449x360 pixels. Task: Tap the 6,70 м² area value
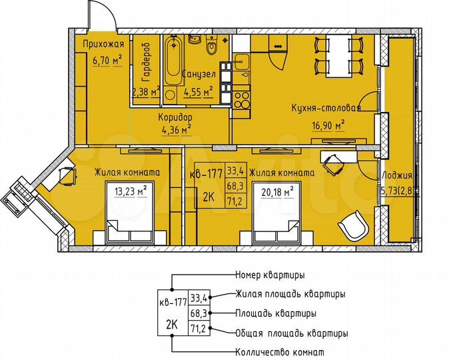pos(98,61)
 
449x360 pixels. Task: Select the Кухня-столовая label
pos(326,107)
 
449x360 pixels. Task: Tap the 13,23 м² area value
pos(130,192)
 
